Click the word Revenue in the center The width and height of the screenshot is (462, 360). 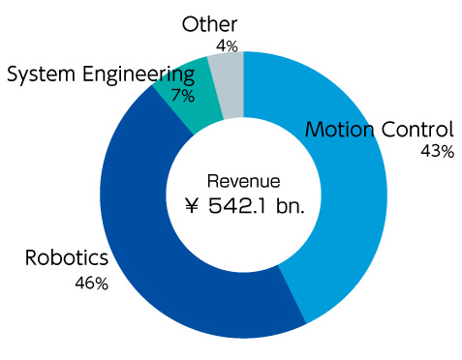point(244,181)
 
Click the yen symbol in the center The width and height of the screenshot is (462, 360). point(194,205)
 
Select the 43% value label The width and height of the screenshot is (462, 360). point(437,152)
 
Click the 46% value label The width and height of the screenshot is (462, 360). point(92,284)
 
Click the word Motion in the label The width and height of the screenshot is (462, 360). point(339,130)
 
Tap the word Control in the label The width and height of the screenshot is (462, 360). point(416,130)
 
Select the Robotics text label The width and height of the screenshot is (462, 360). point(67,259)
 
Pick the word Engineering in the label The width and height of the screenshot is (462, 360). point(140,75)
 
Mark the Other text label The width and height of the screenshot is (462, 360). point(209,24)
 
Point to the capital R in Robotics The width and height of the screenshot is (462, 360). point(31,259)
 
